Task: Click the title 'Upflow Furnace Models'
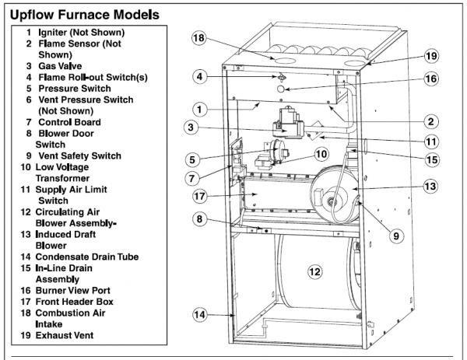coord(85,14)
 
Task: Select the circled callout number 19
coord(434,56)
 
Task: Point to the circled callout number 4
coord(200,76)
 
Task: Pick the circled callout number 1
coord(200,110)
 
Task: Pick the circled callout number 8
coord(199,220)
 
